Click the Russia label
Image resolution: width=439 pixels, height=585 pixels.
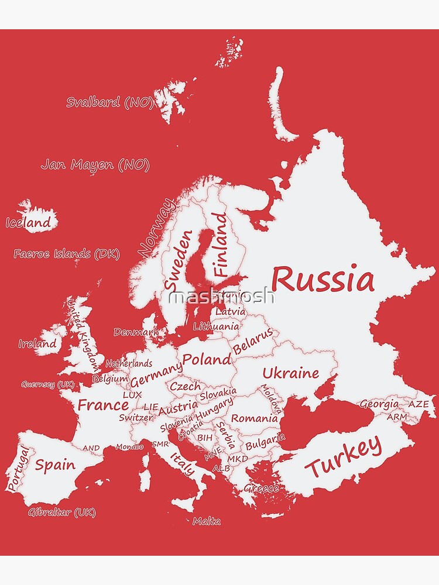pyautogui.click(x=323, y=280)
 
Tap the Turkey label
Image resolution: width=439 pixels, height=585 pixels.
pyautogui.click(x=344, y=457)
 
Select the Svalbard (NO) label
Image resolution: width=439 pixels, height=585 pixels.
pyautogui.click(x=109, y=102)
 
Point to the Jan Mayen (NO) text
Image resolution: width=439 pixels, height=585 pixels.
pyautogui.click(x=95, y=165)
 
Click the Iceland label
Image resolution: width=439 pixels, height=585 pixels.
pyautogui.click(x=28, y=223)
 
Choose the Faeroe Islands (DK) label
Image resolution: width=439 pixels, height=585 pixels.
pyautogui.click(x=66, y=254)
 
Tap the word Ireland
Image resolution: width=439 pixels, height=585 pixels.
pyautogui.click(x=37, y=343)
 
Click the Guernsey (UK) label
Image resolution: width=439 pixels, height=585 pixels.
pyautogui.click(x=48, y=384)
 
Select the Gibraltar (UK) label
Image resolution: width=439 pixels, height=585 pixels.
pyautogui.click(x=61, y=512)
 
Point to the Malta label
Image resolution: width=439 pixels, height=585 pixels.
pyautogui.click(x=207, y=521)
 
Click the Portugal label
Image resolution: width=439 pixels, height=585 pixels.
pyautogui.click(x=18, y=468)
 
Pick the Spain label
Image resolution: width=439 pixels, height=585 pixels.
pyautogui.click(x=55, y=465)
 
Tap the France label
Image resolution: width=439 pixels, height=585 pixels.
pyautogui.click(x=103, y=404)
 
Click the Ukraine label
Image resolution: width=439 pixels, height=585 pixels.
pyautogui.click(x=290, y=373)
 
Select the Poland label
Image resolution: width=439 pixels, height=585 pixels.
pyautogui.click(x=207, y=359)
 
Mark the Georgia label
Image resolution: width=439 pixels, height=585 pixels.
pyautogui.click(x=379, y=404)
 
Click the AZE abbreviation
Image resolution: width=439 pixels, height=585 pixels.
pyautogui.click(x=418, y=404)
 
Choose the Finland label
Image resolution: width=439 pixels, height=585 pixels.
pyautogui.click(x=220, y=244)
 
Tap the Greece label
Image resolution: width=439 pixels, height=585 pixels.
pyautogui.click(x=261, y=488)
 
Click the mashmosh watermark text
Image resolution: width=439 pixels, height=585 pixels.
pyautogui.click(x=221, y=297)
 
